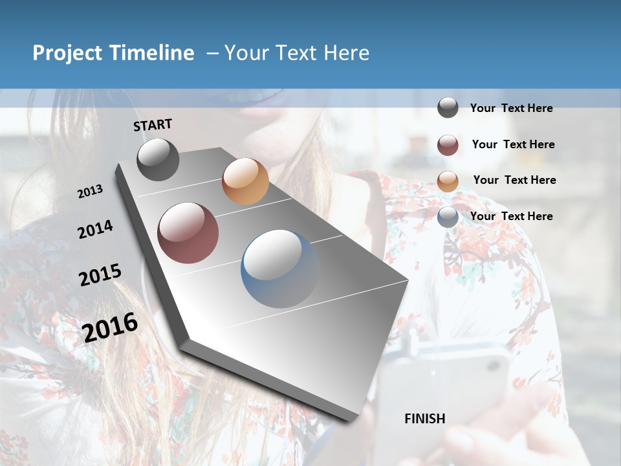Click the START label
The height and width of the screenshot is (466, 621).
point(153,125)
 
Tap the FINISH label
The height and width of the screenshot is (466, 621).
point(425,419)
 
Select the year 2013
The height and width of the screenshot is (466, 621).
point(90,192)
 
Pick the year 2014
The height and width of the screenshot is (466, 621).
point(95,229)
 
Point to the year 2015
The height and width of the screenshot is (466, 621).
point(100,275)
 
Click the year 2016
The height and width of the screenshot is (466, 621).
point(111,327)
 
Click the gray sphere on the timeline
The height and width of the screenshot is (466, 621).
point(158,159)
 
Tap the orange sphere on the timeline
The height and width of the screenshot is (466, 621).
point(245,181)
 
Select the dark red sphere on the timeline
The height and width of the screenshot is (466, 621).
point(188,233)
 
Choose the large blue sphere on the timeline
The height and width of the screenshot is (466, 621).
point(279,268)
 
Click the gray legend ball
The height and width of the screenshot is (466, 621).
point(448,107)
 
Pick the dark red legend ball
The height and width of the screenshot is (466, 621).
point(448,145)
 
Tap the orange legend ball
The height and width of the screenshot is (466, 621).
point(448,181)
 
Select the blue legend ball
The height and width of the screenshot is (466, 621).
point(448,217)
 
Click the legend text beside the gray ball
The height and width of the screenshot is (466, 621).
point(511,108)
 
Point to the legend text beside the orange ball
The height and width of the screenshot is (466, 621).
point(514,180)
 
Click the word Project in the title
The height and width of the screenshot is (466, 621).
point(68,53)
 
